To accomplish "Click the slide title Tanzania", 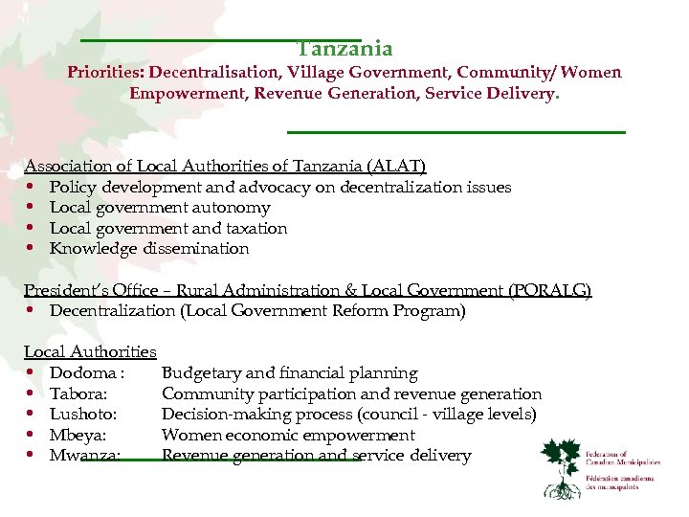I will [x=344, y=49].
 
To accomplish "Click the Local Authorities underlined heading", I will [x=90, y=351].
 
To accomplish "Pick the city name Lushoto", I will [x=83, y=415].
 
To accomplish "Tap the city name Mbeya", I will [x=78, y=436].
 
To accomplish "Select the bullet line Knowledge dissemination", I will [x=149, y=249].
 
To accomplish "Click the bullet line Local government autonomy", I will [x=160, y=208].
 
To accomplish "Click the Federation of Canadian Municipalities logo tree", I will [x=563, y=467].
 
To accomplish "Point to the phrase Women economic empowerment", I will [x=288, y=436].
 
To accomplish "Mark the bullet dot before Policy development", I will [x=33, y=187].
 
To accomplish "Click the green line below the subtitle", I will [x=456, y=131].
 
